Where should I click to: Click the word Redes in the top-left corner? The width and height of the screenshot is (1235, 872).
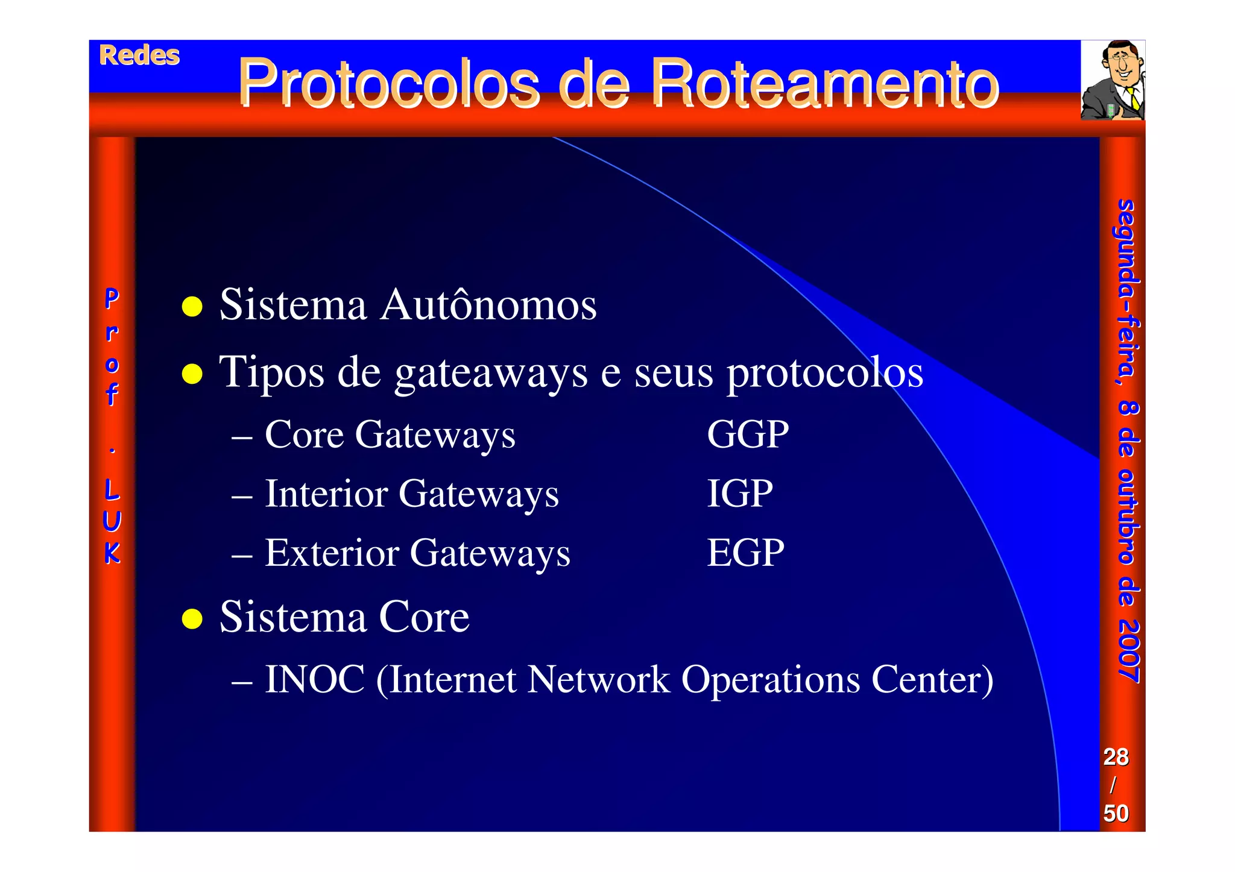pos(139,56)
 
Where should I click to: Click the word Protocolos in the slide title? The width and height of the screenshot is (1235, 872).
pos(388,84)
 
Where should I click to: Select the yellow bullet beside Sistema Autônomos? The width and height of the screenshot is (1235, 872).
pos(192,306)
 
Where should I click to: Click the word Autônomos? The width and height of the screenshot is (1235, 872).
pos(488,305)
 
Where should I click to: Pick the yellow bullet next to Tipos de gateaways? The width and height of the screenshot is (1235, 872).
pos(192,374)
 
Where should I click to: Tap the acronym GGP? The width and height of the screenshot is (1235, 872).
pos(747,434)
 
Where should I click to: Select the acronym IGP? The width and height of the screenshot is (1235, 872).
pos(739,494)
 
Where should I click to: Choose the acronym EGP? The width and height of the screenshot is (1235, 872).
pos(745,553)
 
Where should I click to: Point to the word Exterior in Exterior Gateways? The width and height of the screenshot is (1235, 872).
pos(332,553)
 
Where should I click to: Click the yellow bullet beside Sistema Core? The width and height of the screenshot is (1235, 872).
pos(192,618)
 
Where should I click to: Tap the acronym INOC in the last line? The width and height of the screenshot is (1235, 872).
pos(315,680)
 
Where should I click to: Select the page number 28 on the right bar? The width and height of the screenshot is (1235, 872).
pos(1116,757)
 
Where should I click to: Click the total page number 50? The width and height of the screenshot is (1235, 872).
pos(1116,814)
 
